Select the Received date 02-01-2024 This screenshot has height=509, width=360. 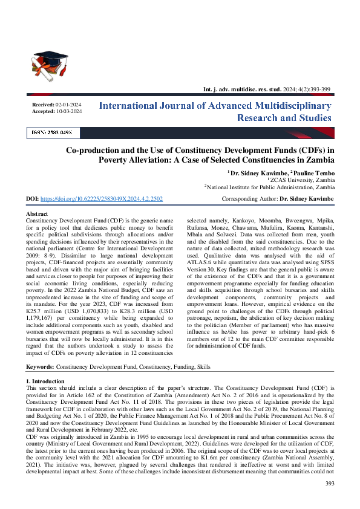68,105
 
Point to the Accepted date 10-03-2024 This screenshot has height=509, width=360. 68,111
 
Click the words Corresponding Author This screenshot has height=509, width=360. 249,199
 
